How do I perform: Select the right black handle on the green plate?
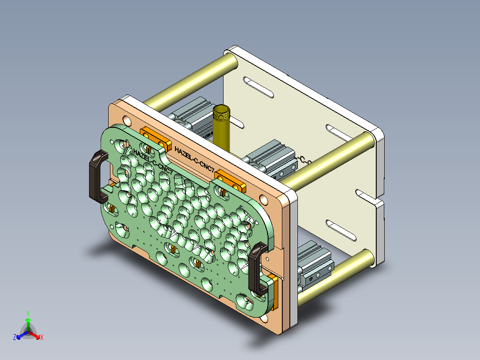pos(256,270)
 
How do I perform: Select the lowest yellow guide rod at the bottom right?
pos(338,276)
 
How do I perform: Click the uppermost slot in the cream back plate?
pos(259,87)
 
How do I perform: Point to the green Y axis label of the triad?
pos(28,313)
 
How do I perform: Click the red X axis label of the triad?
pos(42,338)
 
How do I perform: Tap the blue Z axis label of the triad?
pos(15,338)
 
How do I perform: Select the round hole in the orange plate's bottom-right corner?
pos(265,319)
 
